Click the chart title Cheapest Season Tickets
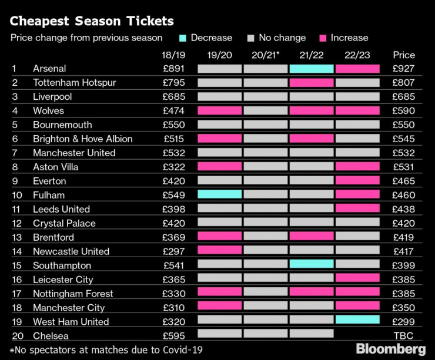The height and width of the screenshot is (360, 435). click(x=92, y=21)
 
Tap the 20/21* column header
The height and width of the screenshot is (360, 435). click(x=266, y=55)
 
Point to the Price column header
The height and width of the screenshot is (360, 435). click(x=403, y=55)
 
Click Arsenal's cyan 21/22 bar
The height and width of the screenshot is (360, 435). click(x=312, y=69)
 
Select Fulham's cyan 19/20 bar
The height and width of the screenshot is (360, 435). click(x=220, y=195)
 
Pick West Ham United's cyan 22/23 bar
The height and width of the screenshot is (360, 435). click(x=357, y=321)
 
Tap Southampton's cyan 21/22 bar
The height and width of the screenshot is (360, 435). click(x=312, y=265)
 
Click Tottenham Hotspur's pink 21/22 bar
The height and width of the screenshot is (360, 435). click(x=312, y=83)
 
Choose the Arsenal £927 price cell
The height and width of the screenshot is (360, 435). click(x=403, y=69)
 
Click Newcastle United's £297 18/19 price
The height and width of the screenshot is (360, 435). click(x=173, y=251)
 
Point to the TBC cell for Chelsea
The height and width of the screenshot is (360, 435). click(x=403, y=336)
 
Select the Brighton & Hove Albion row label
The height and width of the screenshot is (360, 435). click(x=82, y=139)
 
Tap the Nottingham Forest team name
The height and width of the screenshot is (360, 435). click(x=73, y=294)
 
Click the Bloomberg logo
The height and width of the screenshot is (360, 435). click(x=390, y=349)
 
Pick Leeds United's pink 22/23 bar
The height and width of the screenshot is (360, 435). click(x=357, y=209)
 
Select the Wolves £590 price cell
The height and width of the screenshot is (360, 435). click(x=403, y=111)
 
